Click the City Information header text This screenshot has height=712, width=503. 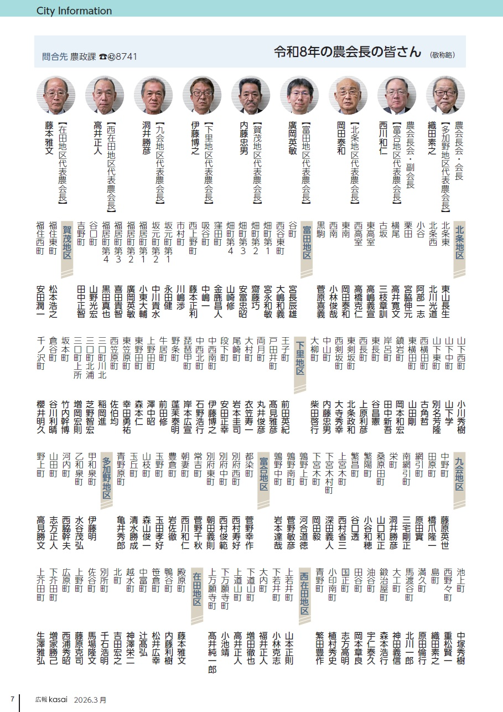pyautogui.click(x=74, y=11)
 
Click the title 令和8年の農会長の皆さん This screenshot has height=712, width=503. pyautogui.click(x=348, y=52)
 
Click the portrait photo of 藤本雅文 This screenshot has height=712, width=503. pyautogui.click(x=55, y=95)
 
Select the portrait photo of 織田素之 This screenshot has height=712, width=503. pyautogui.click(x=445, y=95)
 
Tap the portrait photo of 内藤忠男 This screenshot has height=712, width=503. pyautogui.click(x=250, y=95)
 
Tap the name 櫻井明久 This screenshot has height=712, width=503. pyautogui.click(x=40, y=420)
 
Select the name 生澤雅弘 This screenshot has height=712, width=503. pyautogui.click(x=40, y=648)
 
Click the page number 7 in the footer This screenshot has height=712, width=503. pyautogui.click(x=12, y=699)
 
